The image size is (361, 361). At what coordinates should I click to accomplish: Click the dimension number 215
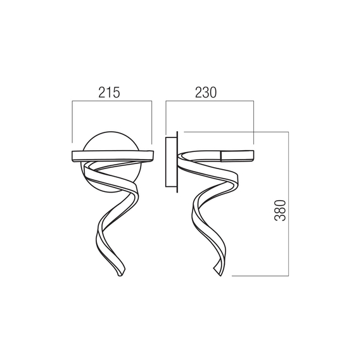109,92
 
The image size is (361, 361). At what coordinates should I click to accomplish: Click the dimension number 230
206,92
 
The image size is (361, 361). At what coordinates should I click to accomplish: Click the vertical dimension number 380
280,211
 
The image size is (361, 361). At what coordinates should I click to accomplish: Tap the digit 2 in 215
102,92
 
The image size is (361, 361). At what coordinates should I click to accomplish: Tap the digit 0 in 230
213,92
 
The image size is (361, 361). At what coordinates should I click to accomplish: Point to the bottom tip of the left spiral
120,275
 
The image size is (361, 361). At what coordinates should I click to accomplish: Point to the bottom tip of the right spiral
220,275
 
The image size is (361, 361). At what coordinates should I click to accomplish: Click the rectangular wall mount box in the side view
171,162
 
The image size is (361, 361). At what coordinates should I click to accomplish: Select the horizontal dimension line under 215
112,101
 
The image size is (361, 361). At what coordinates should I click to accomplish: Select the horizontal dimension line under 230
210,101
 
